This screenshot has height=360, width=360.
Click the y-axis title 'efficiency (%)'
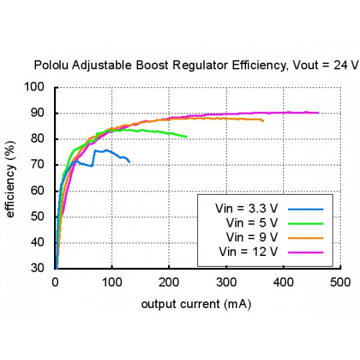tap(11, 178)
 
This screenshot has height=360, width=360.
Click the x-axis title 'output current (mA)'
tap(197, 304)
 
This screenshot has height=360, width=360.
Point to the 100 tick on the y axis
tap(39, 87)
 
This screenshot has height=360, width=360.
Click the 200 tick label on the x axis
tap(169, 282)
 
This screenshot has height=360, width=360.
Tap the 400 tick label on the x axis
tap(284, 282)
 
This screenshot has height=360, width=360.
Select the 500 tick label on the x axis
tap(341, 282)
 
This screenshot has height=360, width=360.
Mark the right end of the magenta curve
tap(319, 113)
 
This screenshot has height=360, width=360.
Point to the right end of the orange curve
tap(263, 121)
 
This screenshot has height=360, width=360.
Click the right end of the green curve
tap(187, 137)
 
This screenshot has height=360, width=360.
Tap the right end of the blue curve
tap(129, 161)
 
